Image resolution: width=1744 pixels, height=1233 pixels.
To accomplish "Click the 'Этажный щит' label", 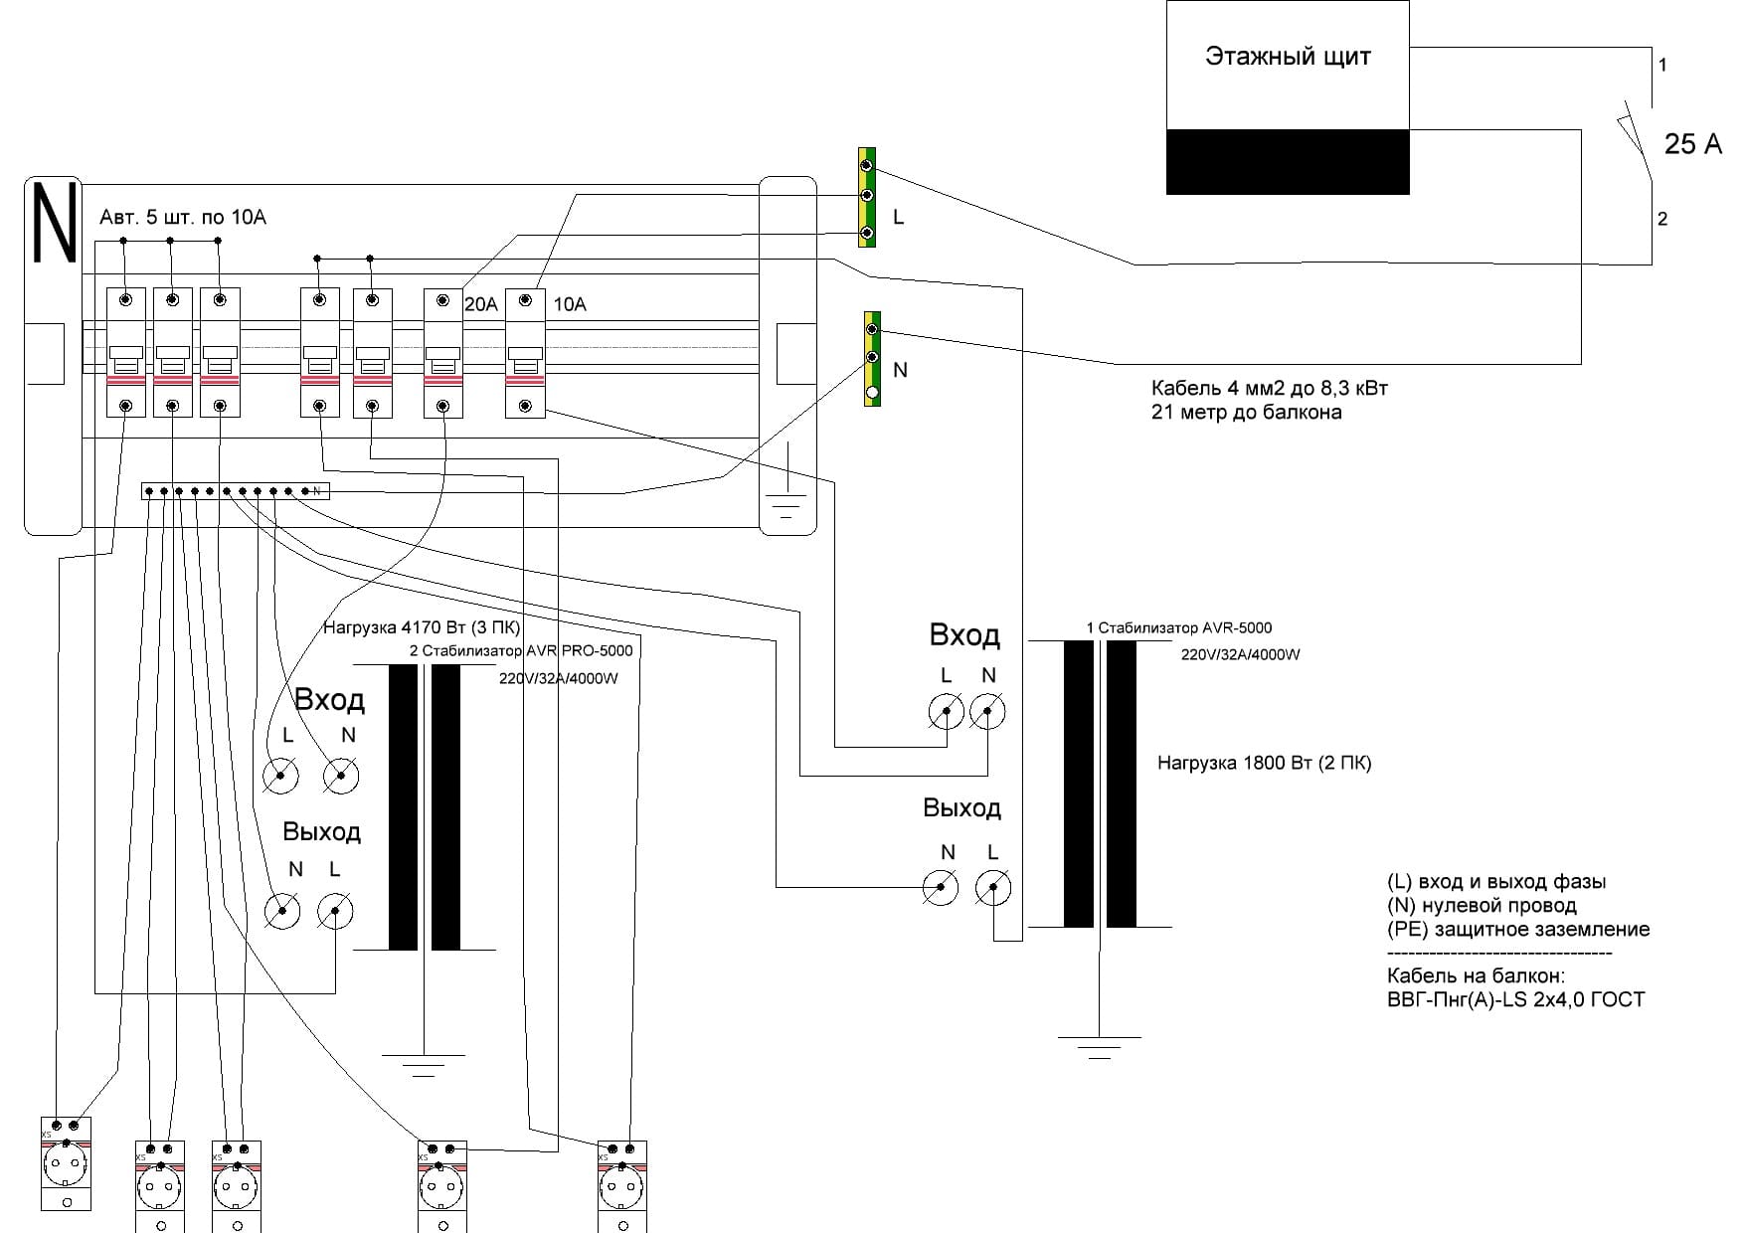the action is click(1288, 57).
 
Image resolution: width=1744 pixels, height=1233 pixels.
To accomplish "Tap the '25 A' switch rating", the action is click(1692, 144).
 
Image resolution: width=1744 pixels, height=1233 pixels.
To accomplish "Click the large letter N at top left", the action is click(54, 223).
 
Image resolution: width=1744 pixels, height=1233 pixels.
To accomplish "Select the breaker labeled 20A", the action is click(443, 353).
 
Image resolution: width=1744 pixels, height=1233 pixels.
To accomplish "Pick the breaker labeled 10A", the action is click(525, 353).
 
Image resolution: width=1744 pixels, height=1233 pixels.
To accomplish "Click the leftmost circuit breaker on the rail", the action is click(126, 353).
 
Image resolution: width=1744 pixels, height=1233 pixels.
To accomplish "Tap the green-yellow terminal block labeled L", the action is click(867, 198).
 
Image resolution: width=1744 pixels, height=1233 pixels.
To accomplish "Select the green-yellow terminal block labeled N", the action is click(872, 359).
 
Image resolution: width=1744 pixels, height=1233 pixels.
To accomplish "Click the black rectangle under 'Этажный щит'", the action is click(1288, 161).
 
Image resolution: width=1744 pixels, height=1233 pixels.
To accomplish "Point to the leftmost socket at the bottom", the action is click(66, 1163).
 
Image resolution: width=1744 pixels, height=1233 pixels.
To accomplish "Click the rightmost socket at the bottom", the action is click(622, 1186).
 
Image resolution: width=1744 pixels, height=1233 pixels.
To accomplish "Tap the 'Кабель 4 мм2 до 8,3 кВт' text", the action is click(1270, 388).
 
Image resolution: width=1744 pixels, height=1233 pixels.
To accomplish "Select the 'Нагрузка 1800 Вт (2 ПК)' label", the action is click(1264, 764).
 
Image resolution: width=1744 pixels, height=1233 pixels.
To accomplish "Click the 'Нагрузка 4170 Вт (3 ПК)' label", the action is click(422, 627).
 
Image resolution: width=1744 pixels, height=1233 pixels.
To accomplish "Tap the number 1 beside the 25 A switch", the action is click(1662, 65).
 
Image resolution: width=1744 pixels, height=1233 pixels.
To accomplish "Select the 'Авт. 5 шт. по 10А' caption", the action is click(183, 217).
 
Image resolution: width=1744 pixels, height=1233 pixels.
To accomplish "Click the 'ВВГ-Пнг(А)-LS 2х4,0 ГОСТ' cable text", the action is click(1515, 999).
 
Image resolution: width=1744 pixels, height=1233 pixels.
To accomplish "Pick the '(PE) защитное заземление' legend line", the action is click(1518, 930).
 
